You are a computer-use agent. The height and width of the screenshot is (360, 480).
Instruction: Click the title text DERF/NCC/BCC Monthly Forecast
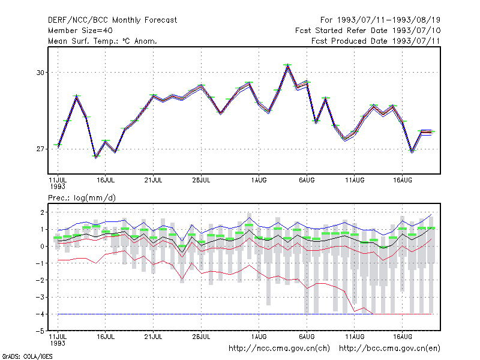pos(112,20)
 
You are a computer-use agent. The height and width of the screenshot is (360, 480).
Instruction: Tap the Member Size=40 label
pos(80,31)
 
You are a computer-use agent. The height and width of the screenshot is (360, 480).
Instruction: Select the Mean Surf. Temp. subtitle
pos(103,41)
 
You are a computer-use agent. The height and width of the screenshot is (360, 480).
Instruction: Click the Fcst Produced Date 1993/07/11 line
pos(376,41)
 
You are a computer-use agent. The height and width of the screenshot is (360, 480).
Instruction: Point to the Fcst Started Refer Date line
pos(368,31)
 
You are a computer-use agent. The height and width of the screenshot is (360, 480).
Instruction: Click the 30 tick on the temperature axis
pos(40,73)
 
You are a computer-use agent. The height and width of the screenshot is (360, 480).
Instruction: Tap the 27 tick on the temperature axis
pos(40,149)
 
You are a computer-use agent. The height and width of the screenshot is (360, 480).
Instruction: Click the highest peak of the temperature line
pos(287,65)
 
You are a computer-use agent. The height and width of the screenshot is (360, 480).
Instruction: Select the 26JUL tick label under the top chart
pos(201,180)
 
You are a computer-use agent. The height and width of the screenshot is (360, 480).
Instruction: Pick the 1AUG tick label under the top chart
pos(259,180)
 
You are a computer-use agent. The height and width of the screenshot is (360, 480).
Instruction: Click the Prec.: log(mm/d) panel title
pos(82,198)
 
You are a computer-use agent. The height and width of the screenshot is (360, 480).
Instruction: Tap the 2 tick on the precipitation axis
pos(42,212)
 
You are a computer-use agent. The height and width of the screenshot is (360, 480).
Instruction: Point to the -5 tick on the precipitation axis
pos(40,331)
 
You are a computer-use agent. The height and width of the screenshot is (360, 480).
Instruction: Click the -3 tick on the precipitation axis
pos(40,297)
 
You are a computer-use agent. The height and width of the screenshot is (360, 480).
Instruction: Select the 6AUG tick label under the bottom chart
pos(307,337)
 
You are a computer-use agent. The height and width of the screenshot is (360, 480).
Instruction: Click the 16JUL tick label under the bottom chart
pos(106,337)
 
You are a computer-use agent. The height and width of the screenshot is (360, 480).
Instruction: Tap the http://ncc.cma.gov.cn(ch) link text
pos(279,349)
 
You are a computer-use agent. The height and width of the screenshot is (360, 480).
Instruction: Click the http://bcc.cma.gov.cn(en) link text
pos(389,349)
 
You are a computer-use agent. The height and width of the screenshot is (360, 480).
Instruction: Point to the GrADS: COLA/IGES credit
pos(27,356)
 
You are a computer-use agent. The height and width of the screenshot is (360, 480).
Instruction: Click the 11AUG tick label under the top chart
pos(355,180)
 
